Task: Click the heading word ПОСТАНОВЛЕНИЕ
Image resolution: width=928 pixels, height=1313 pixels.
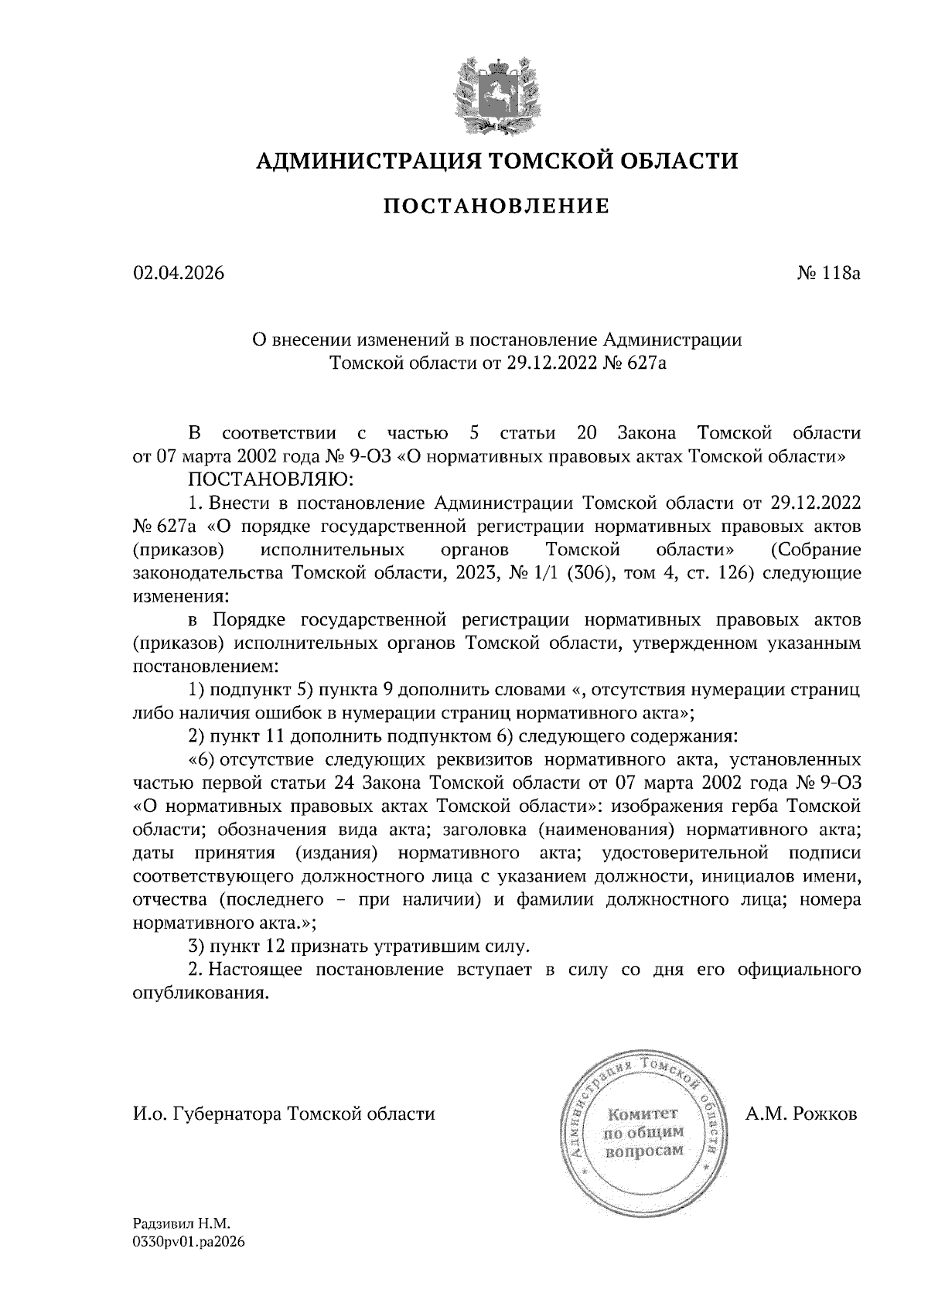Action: click(x=496, y=206)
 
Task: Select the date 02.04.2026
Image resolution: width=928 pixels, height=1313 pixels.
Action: click(x=179, y=274)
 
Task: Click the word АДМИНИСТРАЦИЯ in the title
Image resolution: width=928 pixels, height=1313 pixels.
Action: click(x=358, y=161)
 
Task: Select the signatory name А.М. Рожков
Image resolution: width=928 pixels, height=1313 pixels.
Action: click(x=802, y=1115)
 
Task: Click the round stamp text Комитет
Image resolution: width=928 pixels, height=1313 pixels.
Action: click(x=643, y=1115)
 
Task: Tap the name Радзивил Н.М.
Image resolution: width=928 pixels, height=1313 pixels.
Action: click(x=182, y=1224)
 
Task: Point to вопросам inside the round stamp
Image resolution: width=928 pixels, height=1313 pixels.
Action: click(x=643, y=1151)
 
